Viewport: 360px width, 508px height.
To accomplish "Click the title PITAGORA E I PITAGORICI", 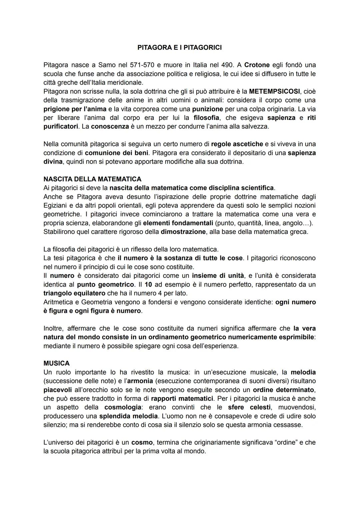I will pyautogui.click(x=179, y=48).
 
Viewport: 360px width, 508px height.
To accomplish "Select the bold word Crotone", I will pyautogui.click(x=257, y=65).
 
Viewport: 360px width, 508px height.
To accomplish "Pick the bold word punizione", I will pyautogui.click(x=207, y=109).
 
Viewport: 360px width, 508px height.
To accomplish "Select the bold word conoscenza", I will pyautogui.click(x=110, y=127).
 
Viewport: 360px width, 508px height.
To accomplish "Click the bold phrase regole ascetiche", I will pyautogui.click(x=237, y=144).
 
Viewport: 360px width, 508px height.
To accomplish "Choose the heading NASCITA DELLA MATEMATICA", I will pyautogui.click(x=92, y=179).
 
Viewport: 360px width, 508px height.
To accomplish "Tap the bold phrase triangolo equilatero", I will pyautogui.click(x=75, y=293).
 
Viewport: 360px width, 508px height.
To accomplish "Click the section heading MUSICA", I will pyautogui.click(x=56, y=363).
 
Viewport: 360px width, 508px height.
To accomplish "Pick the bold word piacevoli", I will pyautogui.click(x=57, y=390).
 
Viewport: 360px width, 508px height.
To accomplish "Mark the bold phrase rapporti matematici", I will pyautogui.click(x=182, y=398).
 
